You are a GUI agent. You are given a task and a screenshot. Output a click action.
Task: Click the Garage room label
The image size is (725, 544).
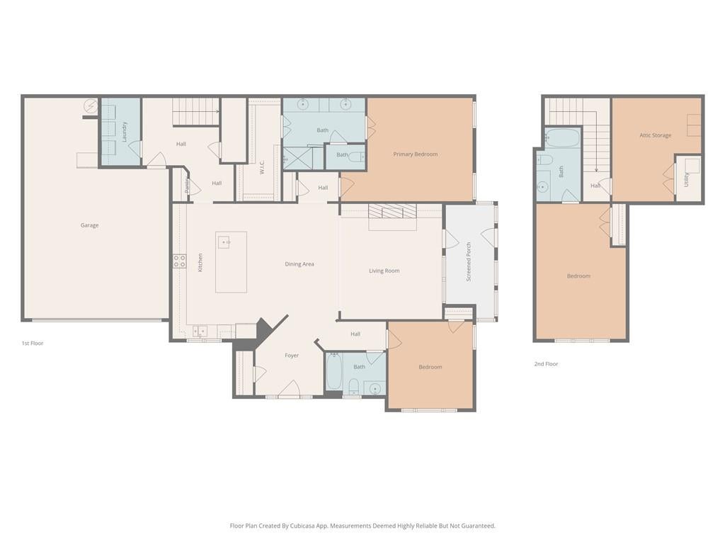point(89,225)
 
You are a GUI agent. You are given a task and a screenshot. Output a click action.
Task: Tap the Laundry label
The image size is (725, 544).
point(125,131)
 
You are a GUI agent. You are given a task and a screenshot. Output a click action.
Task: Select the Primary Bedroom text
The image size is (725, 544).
point(415,154)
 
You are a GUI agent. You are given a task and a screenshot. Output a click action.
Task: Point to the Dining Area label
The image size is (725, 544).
point(299,264)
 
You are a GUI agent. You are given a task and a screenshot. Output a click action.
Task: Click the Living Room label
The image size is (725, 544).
point(384,271)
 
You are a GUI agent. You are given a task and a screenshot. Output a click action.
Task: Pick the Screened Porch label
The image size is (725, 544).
point(469,262)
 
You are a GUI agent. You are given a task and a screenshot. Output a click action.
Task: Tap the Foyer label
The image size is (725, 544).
point(292,356)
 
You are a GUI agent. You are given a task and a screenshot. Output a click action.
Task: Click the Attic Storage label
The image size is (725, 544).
point(655,135)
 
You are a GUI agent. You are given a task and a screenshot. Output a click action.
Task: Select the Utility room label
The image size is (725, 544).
point(686,179)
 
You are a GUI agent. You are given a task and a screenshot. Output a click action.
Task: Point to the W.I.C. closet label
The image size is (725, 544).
point(262,167)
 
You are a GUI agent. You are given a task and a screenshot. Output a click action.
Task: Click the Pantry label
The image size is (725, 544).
point(187,185)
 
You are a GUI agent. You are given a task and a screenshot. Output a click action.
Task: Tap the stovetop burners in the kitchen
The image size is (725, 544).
point(180,261)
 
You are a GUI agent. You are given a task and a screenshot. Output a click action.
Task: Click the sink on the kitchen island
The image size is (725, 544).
point(224,242)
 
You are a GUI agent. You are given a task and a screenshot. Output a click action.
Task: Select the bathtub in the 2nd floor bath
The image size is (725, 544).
point(562,137)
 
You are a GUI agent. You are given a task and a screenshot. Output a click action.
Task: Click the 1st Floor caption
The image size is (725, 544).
point(33,344)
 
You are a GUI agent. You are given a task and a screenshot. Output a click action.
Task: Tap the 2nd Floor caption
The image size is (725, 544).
point(546,364)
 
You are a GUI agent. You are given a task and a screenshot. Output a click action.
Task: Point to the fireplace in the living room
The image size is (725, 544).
point(392,211)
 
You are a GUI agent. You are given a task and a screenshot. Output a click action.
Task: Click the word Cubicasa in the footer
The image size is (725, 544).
point(302,526)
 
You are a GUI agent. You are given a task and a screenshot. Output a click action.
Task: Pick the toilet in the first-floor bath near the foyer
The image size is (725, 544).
point(354,385)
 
